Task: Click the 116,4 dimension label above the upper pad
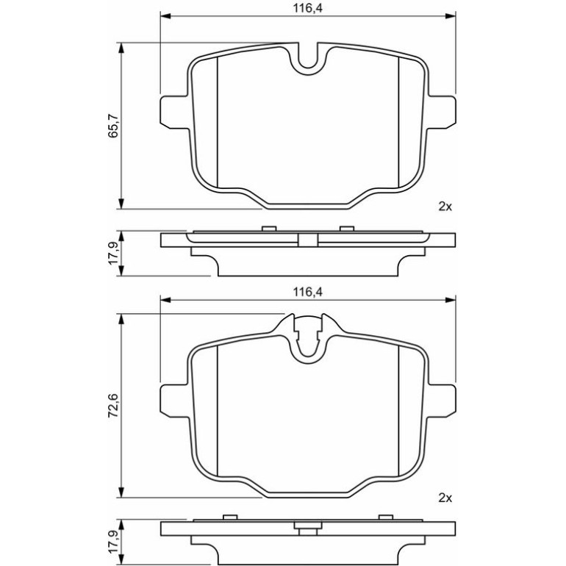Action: pyautogui.click(x=307, y=8)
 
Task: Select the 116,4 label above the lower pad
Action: pyautogui.click(x=307, y=292)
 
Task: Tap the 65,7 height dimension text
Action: pyautogui.click(x=114, y=126)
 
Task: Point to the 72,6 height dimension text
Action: pyautogui.click(x=114, y=406)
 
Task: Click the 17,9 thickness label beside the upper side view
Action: pyautogui.click(x=114, y=254)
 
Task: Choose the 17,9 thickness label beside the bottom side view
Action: pyautogui.click(x=114, y=542)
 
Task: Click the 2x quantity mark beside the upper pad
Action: pyautogui.click(x=445, y=207)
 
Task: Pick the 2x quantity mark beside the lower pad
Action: pyautogui.click(x=445, y=498)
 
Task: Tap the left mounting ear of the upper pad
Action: pyautogui.click(x=174, y=112)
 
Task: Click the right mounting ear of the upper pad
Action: pyautogui.click(x=442, y=112)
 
